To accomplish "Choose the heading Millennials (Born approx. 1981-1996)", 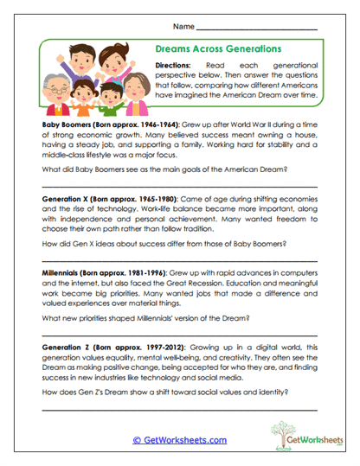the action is click(95, 271).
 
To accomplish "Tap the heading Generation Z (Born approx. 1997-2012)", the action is click(99, 345).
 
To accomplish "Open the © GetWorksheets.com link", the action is click(180, 440).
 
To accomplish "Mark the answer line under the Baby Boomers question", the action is click(179, 186).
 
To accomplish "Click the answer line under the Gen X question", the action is click(179, 259).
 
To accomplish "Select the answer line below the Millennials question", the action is click(179, 333).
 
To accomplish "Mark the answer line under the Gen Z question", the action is click(179, 406).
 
